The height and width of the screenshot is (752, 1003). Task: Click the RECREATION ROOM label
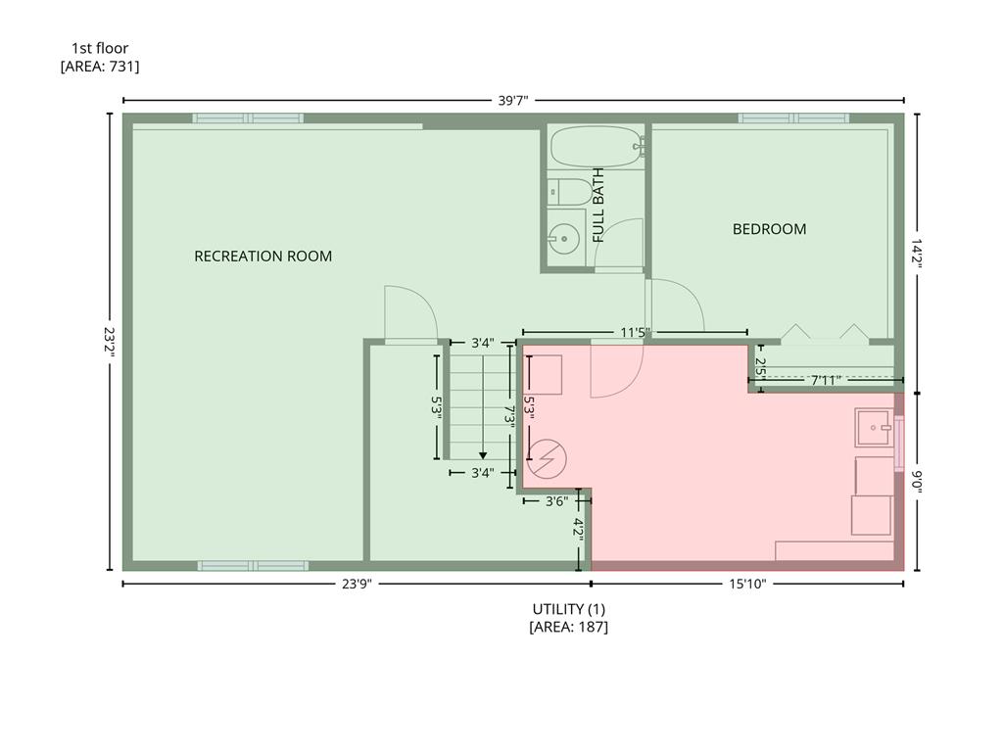[263, 257]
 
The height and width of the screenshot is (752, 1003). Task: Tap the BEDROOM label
[769, 229]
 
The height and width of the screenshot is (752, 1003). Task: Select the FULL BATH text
[598, 206]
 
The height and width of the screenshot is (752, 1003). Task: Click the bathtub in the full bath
[597, 147]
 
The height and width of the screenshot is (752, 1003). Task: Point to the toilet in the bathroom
[571, 192]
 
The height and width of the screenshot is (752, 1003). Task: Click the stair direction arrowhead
[483, 455]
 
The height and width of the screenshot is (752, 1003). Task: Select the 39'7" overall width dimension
[513, 101]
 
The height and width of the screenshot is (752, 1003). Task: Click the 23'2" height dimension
[110, 342]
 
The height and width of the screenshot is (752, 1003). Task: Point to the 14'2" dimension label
[917, 254]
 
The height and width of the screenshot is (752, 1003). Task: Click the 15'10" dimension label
[747, 584]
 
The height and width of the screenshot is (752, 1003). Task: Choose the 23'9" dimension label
[357, 584]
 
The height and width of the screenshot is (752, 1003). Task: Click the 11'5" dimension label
[635, 333]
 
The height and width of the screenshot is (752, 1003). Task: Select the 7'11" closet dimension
[825, 381]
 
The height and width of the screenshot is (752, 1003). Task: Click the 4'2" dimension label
[578, 530]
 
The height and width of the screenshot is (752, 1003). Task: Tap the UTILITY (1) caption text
[569, 609]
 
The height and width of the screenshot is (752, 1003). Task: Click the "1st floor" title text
[100, 48]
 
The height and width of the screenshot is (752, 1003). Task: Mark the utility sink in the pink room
[875, 427]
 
